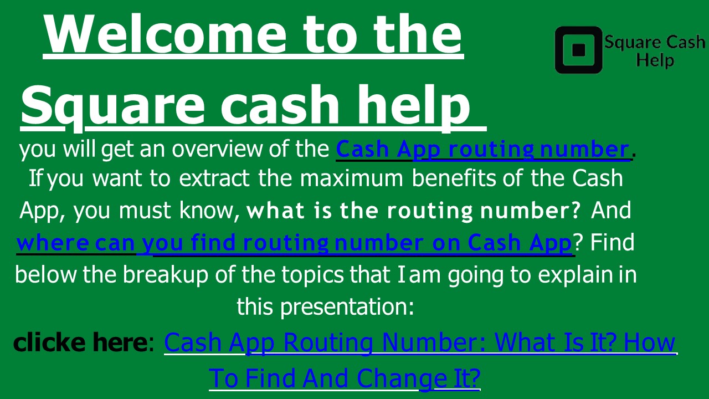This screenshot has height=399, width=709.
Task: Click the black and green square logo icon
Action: [x=578, y=50]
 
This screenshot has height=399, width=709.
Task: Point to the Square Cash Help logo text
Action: [x=654, y=50]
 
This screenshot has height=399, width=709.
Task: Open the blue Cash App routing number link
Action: [x=482, y=150]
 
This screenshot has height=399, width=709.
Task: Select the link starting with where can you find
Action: [x=294, y=243]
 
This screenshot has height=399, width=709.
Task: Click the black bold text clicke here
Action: [x=79, y=342]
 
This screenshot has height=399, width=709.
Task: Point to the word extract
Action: [x=215, y=179]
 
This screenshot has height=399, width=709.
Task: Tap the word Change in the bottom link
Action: [x=393, y=378]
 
